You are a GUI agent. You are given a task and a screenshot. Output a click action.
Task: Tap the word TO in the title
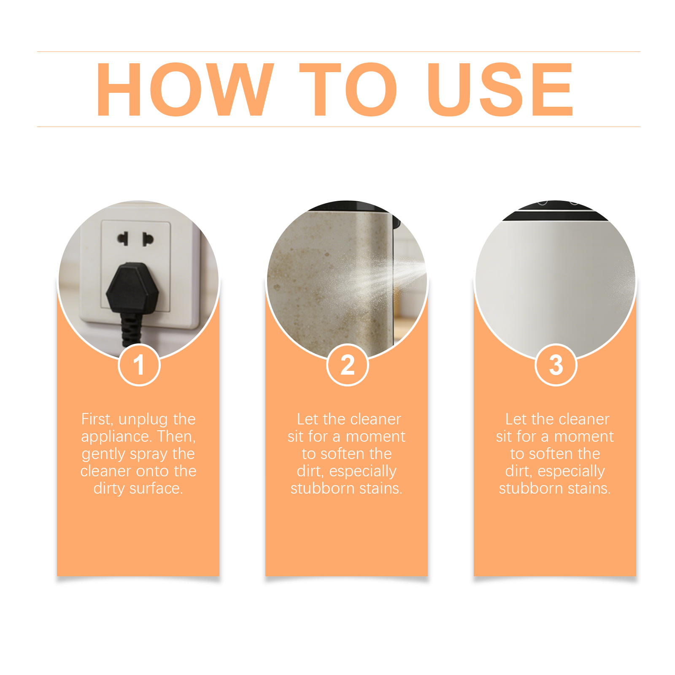click(x=348, y=89)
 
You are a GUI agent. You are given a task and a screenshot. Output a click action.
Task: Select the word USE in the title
click(x=500, y=89)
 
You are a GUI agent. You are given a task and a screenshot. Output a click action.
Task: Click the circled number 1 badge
click(x=139, y=365)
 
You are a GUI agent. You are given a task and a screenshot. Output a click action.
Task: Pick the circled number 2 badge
click(x=347, y=365)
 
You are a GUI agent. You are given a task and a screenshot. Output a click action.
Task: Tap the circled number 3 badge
click(x=556, y=365)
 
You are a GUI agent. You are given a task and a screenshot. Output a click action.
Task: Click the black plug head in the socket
click(x=132, y=289)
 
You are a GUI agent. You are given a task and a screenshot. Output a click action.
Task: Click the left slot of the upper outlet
click(x=123, y=238)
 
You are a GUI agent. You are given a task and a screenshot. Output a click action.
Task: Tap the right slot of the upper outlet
click(x=147, y=239)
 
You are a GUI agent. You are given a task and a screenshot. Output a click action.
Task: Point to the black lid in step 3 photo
click(x=556, y=211)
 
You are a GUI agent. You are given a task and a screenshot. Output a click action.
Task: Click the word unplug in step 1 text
click(x=143, y=420)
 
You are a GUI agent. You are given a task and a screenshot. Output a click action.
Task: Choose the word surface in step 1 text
click(x=156, y=488)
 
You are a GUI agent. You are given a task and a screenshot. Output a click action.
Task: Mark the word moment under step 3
click(x=584, y=437)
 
